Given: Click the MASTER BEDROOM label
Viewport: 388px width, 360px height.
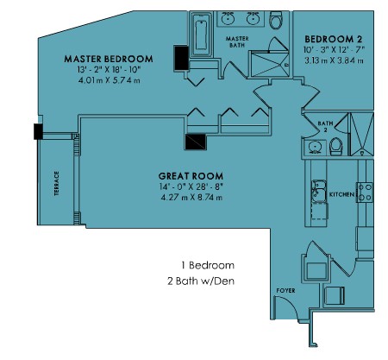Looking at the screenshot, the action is [109, 59].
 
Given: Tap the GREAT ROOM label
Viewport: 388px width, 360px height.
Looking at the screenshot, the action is [191, 176].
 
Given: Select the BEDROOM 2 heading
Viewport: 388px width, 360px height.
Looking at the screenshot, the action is [334, 39].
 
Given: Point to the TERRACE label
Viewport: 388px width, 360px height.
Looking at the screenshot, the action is [57, 184].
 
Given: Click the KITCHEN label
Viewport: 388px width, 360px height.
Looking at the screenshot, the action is [341, 194].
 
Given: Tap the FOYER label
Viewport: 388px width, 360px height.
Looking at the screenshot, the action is [285, 291].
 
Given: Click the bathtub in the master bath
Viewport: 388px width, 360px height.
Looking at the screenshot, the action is [201, 35].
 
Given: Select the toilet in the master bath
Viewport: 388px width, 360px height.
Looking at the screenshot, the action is [276, 20].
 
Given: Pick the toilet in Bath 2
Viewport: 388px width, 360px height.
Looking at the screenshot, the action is [335, 146].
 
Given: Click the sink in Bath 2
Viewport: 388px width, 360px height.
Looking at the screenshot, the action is [315, 148].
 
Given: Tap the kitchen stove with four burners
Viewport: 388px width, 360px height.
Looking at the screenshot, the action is [365, 193].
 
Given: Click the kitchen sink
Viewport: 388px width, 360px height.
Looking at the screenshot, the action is [319, 191].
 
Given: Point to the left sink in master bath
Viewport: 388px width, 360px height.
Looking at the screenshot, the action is [228, 19].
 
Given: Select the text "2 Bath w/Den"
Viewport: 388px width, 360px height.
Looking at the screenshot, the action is [201, 281].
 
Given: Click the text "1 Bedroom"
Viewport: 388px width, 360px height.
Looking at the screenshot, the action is [208, 265].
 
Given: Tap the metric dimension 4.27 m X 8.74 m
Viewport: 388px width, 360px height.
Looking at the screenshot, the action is [191, 198].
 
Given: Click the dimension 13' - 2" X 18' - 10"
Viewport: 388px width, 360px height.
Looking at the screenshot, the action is [109, 70].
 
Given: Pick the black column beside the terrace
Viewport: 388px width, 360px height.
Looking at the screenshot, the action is [38, 131].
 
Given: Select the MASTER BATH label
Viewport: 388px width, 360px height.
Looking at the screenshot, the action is [237, 41].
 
